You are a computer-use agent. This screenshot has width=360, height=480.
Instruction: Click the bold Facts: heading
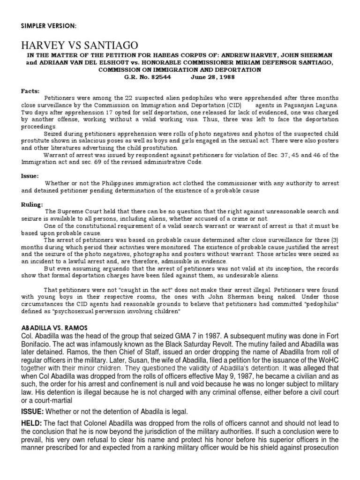pyautogui.click(x=30, y=91)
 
